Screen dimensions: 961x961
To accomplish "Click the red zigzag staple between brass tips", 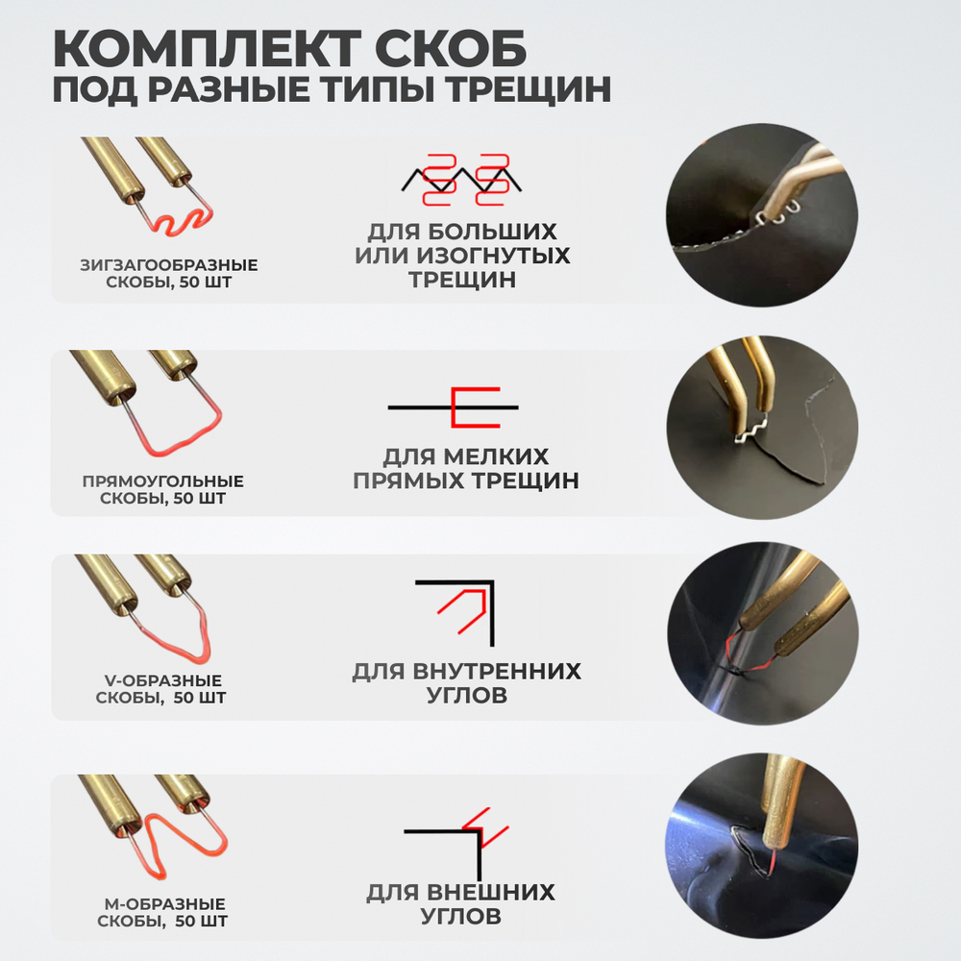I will pos(177,227).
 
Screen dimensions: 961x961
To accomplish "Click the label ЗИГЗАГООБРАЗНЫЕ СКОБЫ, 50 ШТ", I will pos(168,273).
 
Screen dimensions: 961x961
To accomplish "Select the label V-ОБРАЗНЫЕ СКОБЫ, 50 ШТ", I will pos(160,689).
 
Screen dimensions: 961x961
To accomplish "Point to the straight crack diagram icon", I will pos(454,407).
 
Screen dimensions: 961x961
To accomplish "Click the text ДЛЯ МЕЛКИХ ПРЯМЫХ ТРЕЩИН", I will pos(466,468).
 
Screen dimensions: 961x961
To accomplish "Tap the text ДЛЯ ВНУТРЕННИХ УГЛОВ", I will pos(467,683).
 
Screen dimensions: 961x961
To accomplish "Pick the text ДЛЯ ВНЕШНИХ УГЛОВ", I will pos(460,904).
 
